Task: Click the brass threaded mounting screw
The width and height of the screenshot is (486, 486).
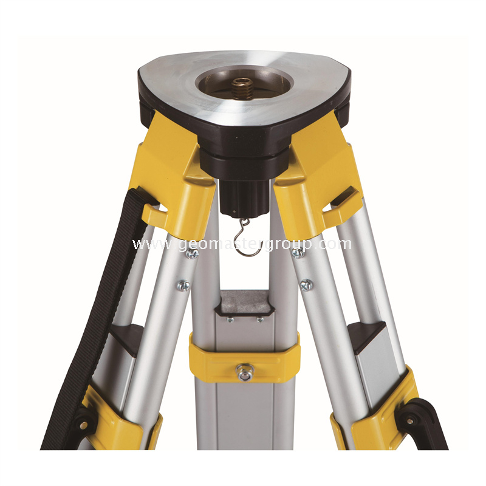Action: pos(242,87)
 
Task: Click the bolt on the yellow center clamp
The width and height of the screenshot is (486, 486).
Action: pos(245,372)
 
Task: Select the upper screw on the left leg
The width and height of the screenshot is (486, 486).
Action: pos(193,253)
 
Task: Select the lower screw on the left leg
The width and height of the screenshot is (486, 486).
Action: pos(184,286)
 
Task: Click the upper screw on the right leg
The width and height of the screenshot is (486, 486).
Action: pos(298,253)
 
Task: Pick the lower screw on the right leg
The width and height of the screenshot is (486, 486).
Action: pos(307,285)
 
